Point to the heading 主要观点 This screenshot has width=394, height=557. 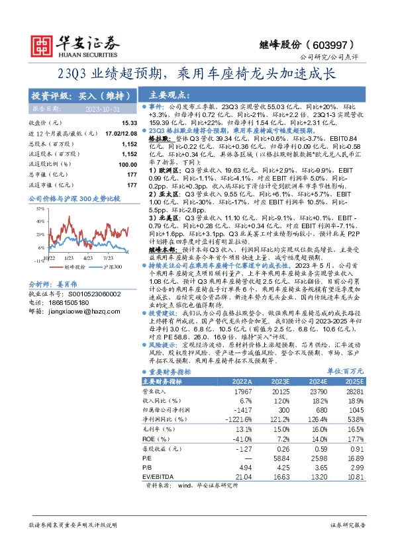click(x=166, y=95)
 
